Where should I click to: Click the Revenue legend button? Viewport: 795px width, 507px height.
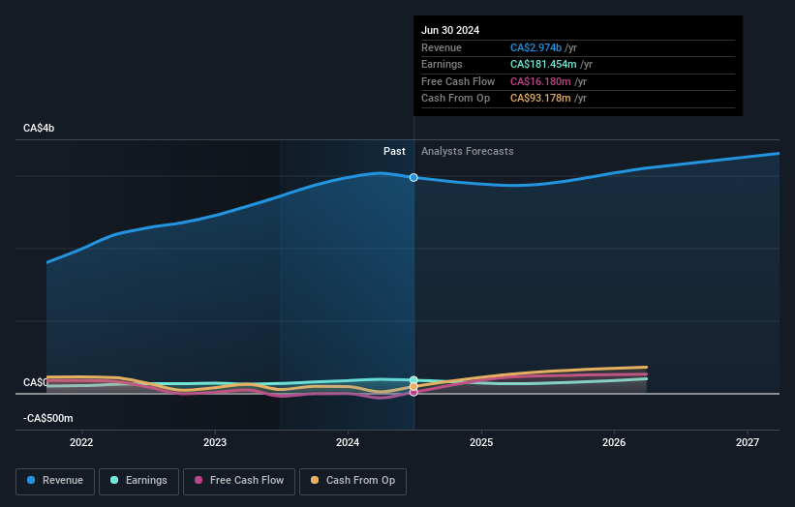click(x=55, y=481)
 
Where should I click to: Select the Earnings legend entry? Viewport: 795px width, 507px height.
click(x=138, y=481)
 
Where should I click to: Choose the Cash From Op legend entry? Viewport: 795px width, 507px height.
click(x=353, y=481)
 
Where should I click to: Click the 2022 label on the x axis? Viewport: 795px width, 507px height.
click(x=81, y=443)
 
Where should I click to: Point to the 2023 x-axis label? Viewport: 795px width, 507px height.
click(x=215, y=443)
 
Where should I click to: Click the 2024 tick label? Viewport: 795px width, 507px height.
click(x=348, y=443)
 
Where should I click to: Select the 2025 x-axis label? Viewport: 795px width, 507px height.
click(x=481, y=443)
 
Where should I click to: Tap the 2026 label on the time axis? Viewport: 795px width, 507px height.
click(x=614, y=443)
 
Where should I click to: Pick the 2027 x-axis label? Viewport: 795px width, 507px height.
click(x=748, y=443)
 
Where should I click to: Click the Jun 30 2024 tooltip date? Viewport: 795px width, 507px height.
click(x=450, y=31)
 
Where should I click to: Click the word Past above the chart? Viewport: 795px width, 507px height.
click(x=394, y=151)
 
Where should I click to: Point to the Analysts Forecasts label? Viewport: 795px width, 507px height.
click(x=467, y=151)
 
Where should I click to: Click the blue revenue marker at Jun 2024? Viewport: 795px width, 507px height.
click(x=413, y=178)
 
